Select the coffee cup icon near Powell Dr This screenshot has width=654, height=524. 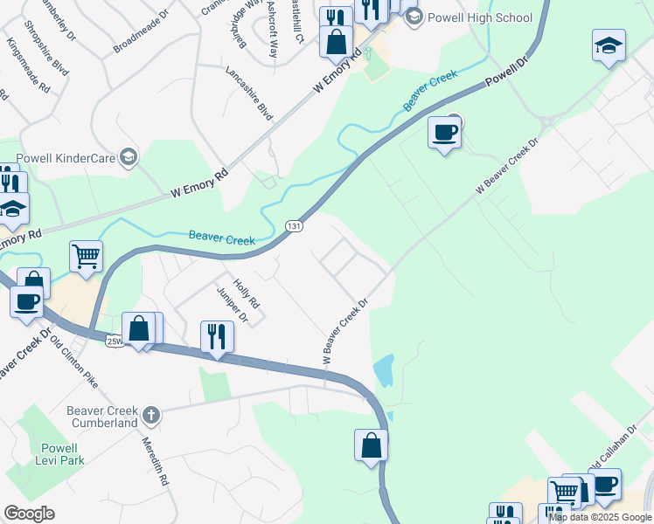pos(444,133)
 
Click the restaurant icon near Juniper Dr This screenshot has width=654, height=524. pos(215,334)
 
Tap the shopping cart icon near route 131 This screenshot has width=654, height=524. pos(86,256)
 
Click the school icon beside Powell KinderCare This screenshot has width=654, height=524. pos(129,157)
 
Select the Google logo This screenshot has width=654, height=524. pos(29,514)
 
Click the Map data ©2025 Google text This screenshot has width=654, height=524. pos(600,517)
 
